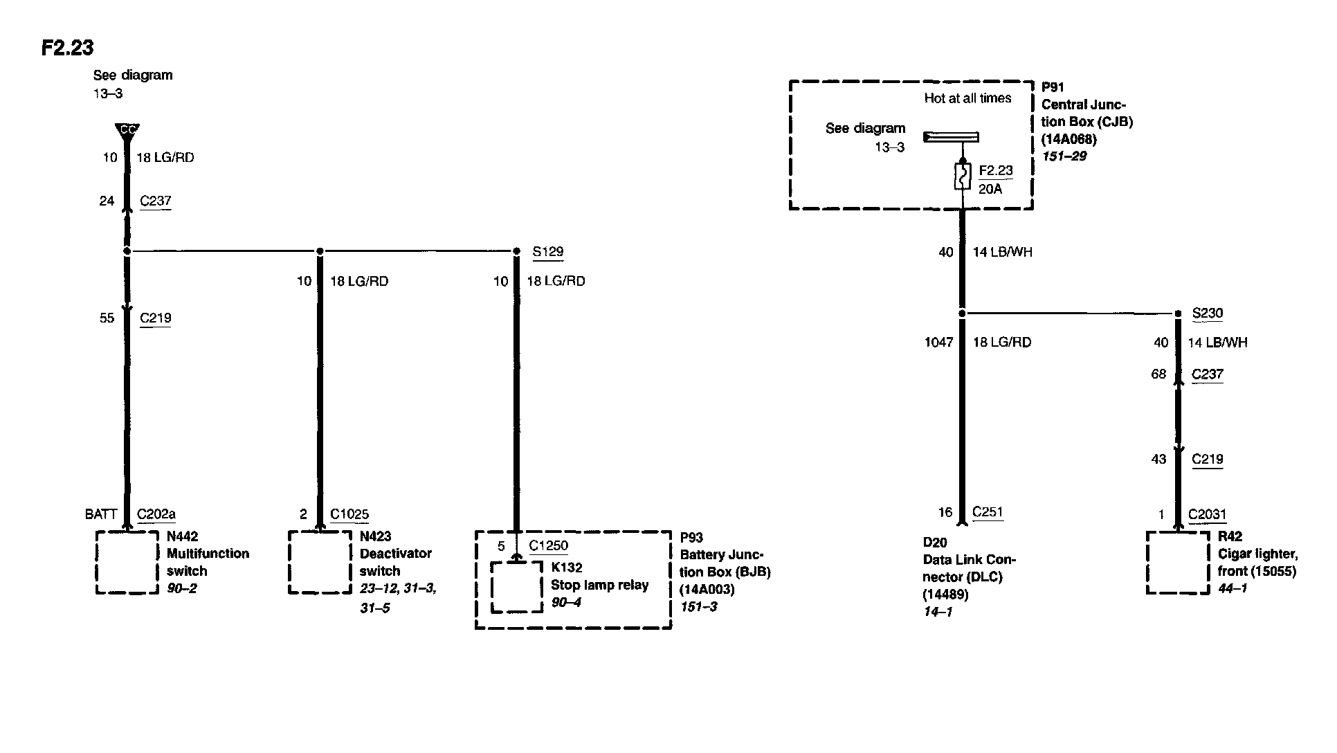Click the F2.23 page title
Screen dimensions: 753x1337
click(x=67, y=48)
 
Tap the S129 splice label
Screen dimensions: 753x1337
click(x=547, y=252)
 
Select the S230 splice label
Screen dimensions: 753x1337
click(x=1207, y=314)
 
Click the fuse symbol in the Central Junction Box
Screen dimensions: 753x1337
click(x=963, y=176)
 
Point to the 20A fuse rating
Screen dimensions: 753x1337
click(x=990, y=189)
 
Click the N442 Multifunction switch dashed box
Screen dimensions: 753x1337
click(x=127, y=562)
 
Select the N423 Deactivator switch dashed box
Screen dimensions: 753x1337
click(x=320, y=562)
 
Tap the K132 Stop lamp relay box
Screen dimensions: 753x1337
click(x=516, y=587)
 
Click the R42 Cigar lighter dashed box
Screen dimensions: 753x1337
click(x=1178, y=562)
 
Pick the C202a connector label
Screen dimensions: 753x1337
click(x=156, y=514)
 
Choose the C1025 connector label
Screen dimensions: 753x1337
click(x=349, y=514)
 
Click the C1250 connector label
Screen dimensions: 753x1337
click(x=548, y=545)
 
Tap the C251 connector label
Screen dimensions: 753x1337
click(x=988, y=512)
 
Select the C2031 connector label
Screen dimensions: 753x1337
click(x=1207, y=514)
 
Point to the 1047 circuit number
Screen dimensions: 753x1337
click(x=938, y=343)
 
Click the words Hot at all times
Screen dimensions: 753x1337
click(x=967, y=98)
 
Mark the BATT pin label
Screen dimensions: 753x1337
click(x=101, y=514)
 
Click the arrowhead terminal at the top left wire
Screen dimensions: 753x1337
click(x=127, y=131)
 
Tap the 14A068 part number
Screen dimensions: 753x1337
click(x=1069, y=139)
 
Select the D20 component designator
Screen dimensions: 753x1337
click(x=934, y=543)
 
